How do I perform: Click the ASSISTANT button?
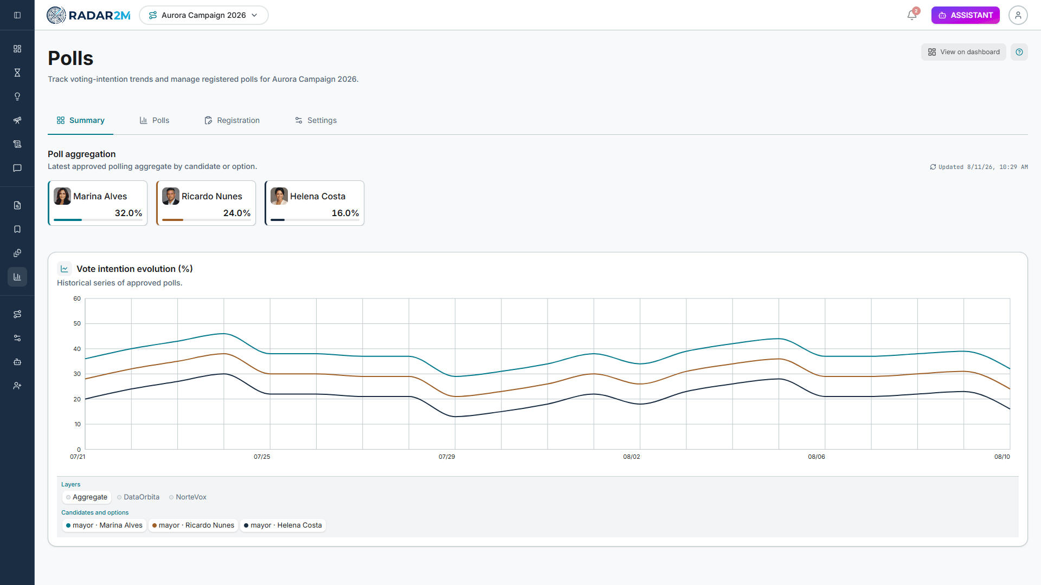click(965, 15)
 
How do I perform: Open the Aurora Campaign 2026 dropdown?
click(204, 15)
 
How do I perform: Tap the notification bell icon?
click(912, 15)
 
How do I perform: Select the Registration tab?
click(232, 120)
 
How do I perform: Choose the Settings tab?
click(316, 120)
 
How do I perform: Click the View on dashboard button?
click(963, 52)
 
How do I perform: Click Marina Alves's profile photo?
click(62, 196)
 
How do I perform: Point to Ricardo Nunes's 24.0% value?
click(237, 213)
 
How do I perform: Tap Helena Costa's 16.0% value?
click(345, 213)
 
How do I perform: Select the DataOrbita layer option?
click(138, 497)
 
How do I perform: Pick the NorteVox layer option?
click(188, 497)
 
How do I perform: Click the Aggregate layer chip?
click(87, 497)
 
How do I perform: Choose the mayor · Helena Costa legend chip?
click(283, 525)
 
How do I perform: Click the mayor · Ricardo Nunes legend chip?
click(194, 525)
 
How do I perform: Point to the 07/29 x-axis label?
click(447, 457)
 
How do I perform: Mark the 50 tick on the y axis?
click(77, 324)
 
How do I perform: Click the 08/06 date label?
click(817, 457)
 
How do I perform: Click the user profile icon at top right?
click(1018, 15)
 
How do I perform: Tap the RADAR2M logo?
click(88, 15)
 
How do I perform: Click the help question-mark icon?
click(1019, 52)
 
